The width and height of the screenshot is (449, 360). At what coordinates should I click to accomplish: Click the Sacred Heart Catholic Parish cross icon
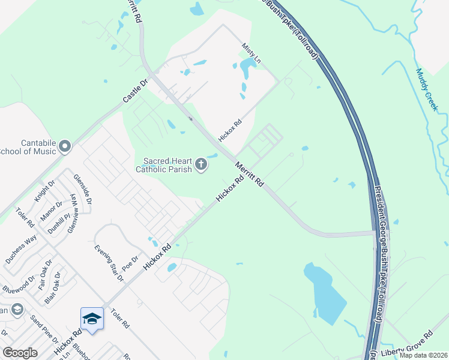pos(202,165)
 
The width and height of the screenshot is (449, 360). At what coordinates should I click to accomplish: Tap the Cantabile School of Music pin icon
pos(65,146)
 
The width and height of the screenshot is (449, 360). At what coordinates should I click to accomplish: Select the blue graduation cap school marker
pos(92,319)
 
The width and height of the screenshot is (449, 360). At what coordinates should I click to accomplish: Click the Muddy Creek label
pos(427,90)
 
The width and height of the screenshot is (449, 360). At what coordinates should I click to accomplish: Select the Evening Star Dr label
pos(108,263)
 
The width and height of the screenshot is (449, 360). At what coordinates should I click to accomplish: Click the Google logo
pos(20,353)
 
